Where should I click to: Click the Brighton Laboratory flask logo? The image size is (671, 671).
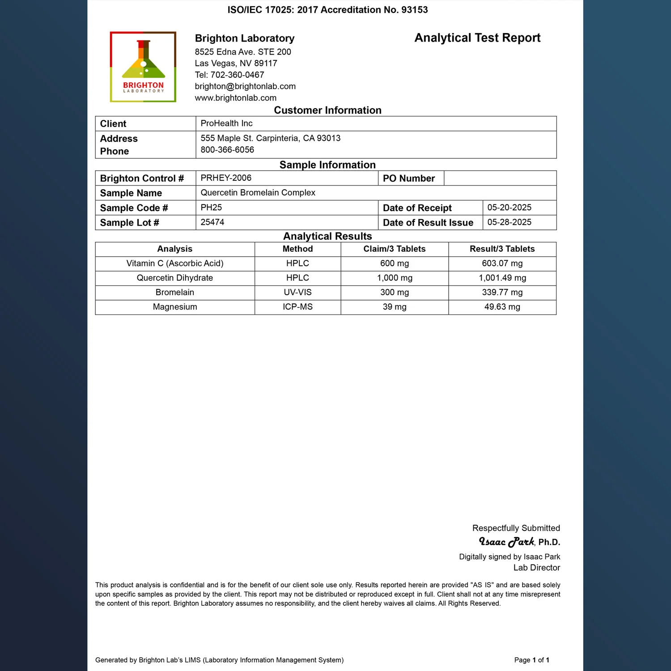[x=143, y=67]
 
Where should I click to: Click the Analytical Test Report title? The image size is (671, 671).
[x=477, y=38]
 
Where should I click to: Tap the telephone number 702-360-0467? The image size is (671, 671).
[x=237, y=75]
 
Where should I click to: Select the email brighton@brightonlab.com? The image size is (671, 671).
[x=245, y=86]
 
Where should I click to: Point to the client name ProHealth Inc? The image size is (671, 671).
[x=226, y=123]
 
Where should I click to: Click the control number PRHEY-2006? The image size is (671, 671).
[x=226, y=178]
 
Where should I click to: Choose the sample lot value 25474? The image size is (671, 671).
[x=212, y=222]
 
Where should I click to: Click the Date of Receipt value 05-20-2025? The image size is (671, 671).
[x=509, y=208]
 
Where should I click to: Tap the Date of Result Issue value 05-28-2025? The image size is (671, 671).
[x=509, y=222]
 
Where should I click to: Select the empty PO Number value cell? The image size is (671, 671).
[x=500, y=178]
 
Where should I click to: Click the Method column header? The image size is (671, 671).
[x=297, y=249]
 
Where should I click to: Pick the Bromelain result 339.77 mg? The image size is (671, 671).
[x=502, y=293]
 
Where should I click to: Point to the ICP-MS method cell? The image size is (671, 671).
[x=297, y=307]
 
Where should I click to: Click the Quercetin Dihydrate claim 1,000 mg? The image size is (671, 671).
[x=395, y=278]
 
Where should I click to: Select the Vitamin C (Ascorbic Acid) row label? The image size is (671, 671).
[x=175, y=263]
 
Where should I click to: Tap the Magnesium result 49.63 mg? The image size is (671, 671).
[x=502, y=307]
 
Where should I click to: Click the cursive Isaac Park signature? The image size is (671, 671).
[x=506, y=542]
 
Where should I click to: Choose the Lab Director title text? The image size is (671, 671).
[x=536, y=568]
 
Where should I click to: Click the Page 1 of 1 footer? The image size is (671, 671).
[x=531, y=660]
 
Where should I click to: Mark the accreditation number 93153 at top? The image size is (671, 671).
[x=414, y=10]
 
